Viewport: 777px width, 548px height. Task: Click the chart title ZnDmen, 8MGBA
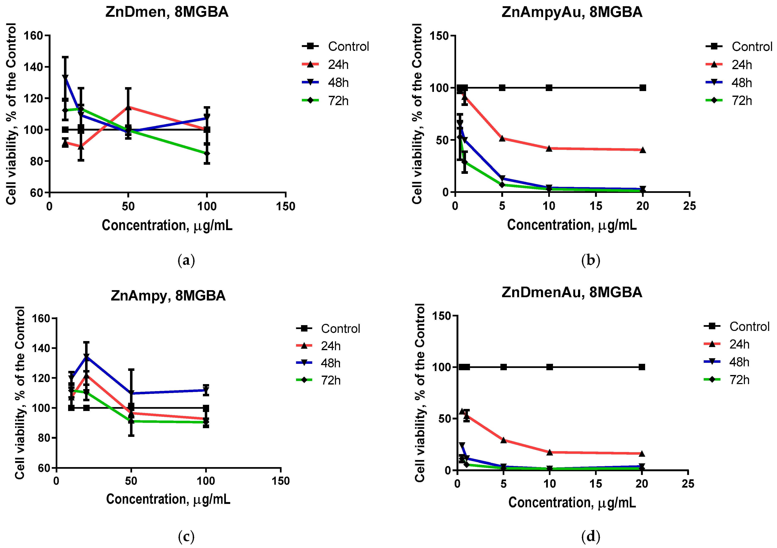(167, 12)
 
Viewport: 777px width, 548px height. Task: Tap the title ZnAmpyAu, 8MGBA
(572, 12)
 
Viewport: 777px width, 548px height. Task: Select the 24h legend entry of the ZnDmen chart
(338, 65)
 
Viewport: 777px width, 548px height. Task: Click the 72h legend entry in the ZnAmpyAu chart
(741, 101)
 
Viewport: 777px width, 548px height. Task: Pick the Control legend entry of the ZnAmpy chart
(340, 328)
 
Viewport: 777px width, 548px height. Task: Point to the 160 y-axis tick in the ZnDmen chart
(33, 36)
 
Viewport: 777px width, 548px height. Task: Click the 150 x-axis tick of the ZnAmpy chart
(281, 481)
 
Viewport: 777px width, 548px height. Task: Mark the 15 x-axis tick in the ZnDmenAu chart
(596, 484)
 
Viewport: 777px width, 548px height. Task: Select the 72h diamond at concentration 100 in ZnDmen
(207, 154)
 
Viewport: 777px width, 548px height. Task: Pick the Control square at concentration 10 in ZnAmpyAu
(549, 88)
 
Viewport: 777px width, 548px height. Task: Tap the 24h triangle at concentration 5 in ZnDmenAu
(504, 440)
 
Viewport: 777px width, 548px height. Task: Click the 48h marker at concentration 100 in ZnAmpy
(206, 390)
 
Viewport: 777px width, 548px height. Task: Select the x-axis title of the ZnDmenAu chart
(572, 503)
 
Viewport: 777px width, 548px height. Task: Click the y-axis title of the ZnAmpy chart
(20, 392)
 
